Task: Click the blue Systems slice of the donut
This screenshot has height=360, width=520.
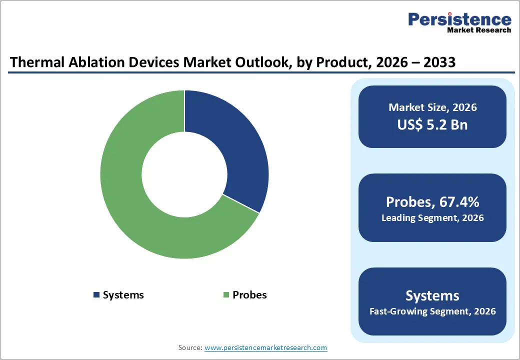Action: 235,145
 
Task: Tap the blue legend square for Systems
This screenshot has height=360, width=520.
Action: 96,295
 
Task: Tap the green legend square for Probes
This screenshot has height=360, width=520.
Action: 226,295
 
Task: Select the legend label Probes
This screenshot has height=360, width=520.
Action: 249,295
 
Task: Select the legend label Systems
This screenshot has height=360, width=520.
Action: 123,295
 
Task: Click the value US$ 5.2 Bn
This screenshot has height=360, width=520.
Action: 432,124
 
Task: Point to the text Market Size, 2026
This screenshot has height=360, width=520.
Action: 432,107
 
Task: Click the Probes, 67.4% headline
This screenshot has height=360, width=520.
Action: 432,202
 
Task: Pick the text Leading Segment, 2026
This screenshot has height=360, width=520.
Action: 432,218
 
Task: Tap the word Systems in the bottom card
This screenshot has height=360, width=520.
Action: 432,295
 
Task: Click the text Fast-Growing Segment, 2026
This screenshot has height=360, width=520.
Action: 432,311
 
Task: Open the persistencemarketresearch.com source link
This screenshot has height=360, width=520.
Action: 265,347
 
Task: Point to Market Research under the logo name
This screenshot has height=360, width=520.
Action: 478,30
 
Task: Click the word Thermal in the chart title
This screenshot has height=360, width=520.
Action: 34,62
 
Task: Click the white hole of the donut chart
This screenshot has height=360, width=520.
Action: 184,174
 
